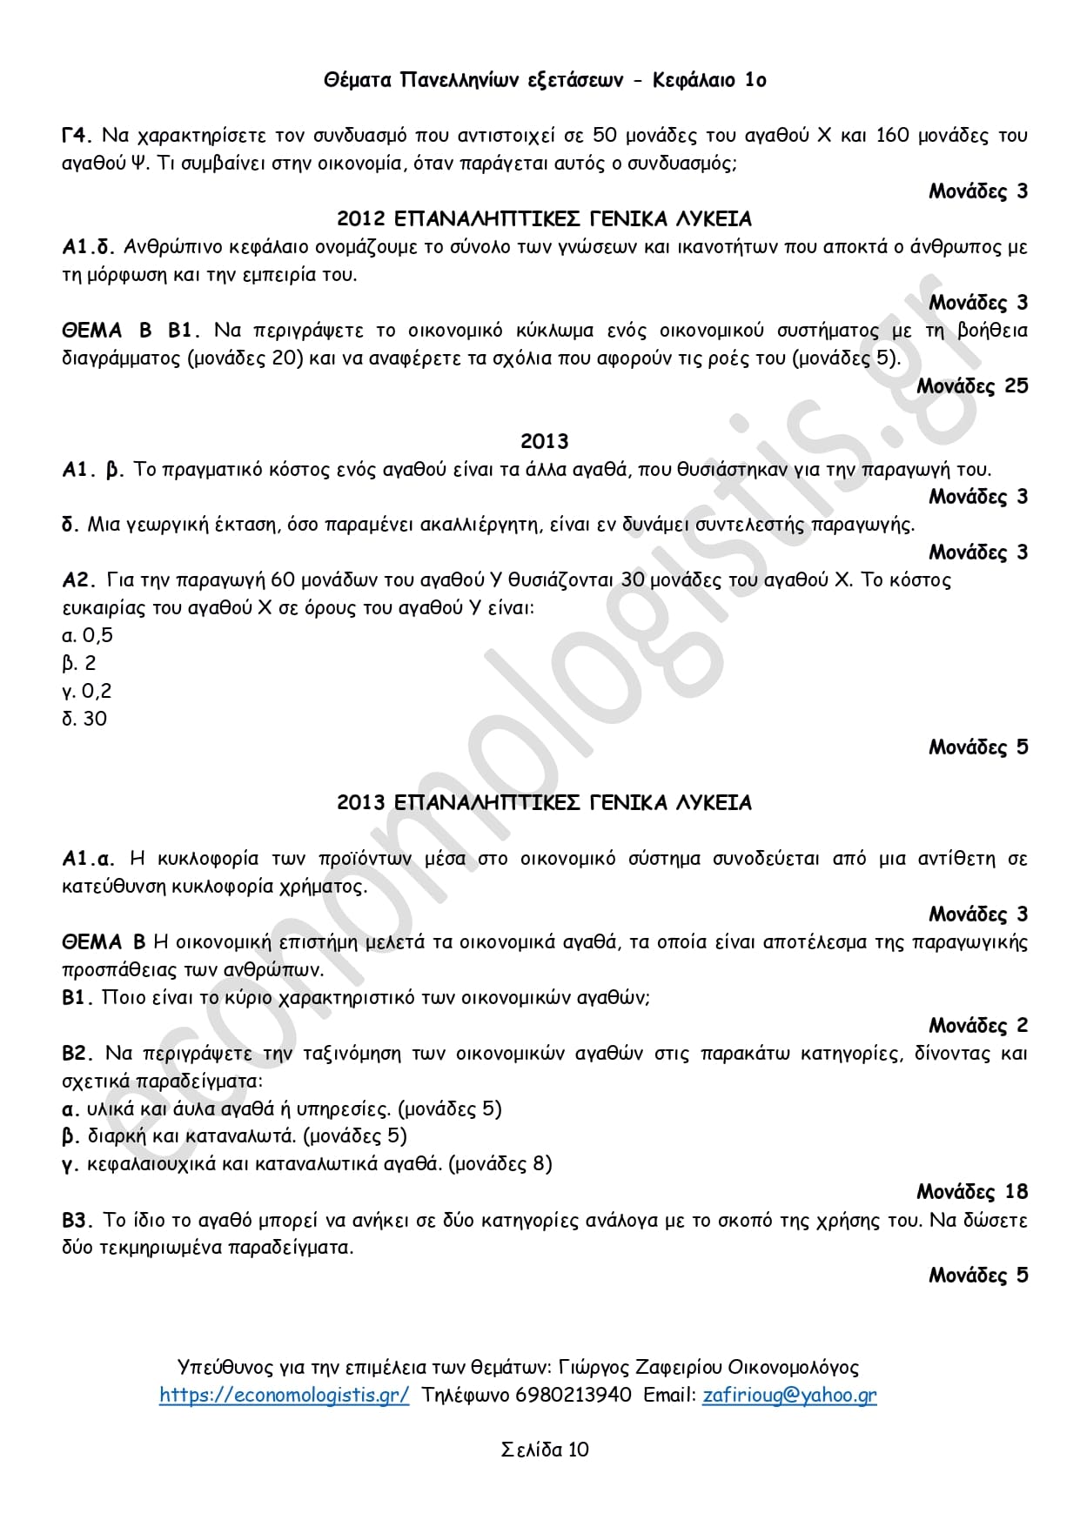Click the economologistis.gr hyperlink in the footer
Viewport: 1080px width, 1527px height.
point(284,1395)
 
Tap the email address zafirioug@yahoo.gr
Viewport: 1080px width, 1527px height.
point(789,1395)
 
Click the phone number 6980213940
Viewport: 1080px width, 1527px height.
point(574,1395)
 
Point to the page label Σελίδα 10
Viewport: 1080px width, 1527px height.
point(545,1450)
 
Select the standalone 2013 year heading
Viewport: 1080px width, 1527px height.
point(544,441)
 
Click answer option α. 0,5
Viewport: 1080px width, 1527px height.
point(88,635)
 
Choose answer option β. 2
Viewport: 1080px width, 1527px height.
point(79,663)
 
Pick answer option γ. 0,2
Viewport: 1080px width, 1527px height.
point(87,691)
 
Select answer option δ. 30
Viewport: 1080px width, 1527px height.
point(84,719)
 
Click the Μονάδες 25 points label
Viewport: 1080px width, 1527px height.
point(972,385)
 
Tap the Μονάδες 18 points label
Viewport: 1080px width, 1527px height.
point(972,1191)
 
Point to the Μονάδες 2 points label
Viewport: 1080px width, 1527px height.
point(978,1025)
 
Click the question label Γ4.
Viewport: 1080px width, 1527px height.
point(77,135)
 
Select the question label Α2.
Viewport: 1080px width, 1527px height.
point(78,580)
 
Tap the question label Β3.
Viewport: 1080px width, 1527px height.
point(77,1220)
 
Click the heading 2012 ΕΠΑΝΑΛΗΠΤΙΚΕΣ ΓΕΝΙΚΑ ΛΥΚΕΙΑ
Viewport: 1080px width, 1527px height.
point(544,218)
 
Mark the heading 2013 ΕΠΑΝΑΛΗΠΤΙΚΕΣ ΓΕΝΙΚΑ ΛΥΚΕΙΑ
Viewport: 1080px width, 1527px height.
point(544,802)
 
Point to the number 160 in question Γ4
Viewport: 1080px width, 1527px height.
point(892,135)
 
